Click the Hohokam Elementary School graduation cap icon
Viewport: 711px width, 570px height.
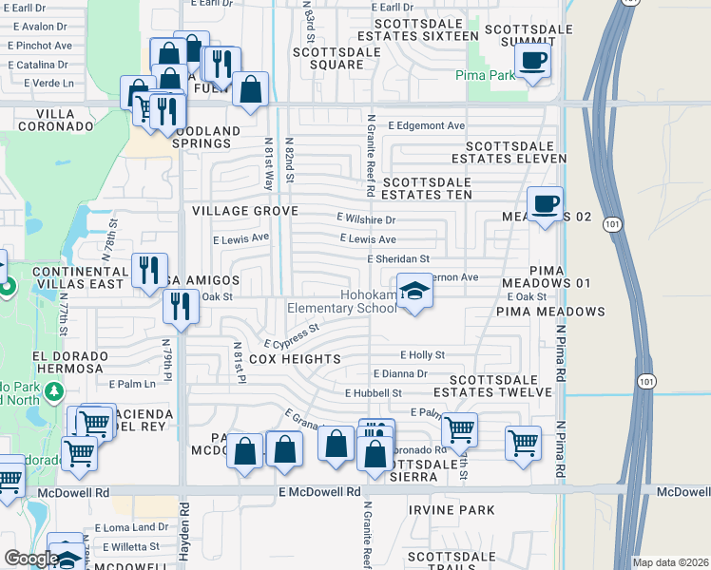click(x=413, y=291)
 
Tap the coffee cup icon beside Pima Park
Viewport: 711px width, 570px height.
click(x=532, y=61)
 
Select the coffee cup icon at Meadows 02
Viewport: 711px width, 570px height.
click(x=545, y=204)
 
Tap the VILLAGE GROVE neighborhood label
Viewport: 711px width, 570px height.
click(x=244, y=211)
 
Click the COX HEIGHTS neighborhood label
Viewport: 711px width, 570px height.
click(x=295, y=359)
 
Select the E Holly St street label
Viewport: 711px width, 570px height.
click(x=422, y=354)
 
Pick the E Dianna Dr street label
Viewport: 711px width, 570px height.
click(x=400, y=373)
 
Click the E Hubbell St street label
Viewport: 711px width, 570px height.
click(x=374, y=392)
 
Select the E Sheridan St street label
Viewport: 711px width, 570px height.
click(x=398, y=258)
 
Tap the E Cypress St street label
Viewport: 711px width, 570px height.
click(x=291, y=337)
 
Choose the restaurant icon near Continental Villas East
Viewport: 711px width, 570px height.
click(x=149, y=270)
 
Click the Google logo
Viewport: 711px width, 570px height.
click(x=30, y=558)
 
